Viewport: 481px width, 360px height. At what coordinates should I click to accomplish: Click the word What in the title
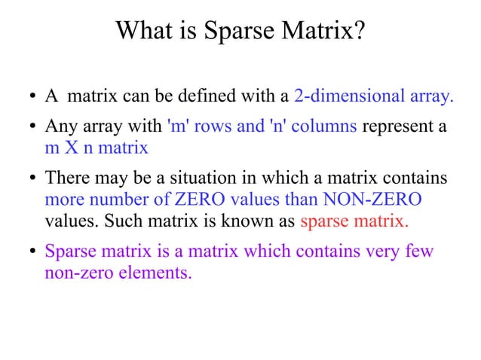[x=143, y=32]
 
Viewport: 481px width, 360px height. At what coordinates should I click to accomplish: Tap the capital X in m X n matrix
[x=71, y=147]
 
